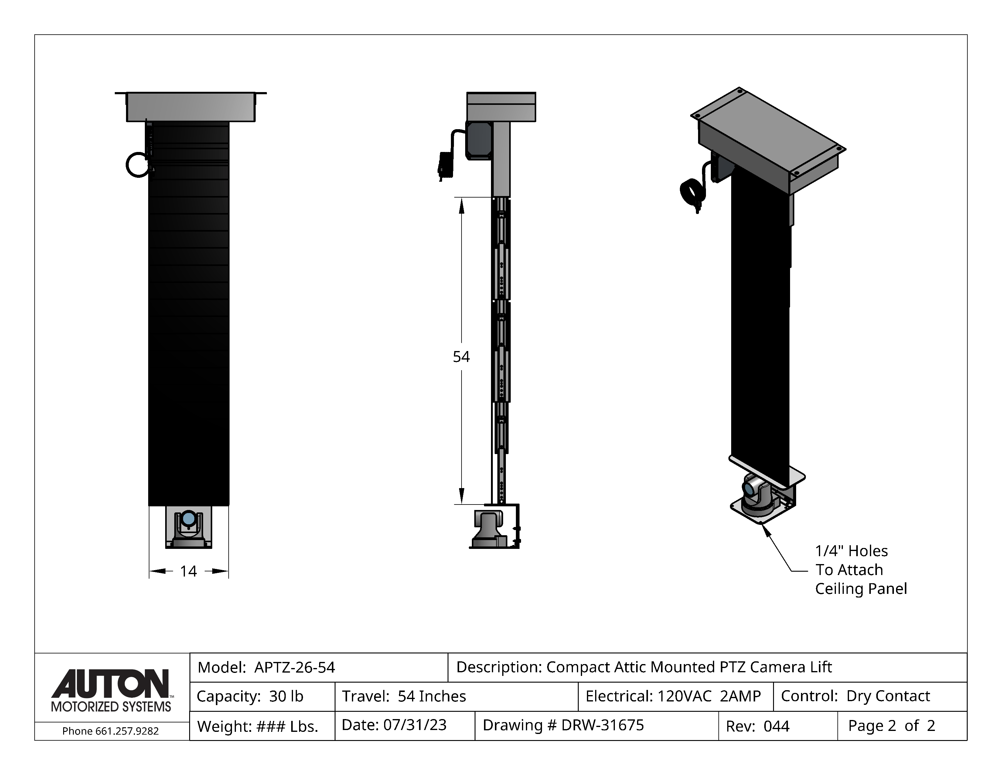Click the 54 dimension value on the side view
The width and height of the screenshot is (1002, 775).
click(x=461, y=357)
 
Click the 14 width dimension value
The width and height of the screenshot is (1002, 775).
click(x=188, y=571)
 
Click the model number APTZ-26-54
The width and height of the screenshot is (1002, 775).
click(x=295, y=667)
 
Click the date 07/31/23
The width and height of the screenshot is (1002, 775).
click(x=415, y=725)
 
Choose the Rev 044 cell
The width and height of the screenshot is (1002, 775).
click(x=778, y=726)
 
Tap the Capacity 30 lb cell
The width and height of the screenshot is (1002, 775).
click(x=262, y=697)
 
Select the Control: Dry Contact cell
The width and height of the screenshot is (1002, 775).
click(x=870, y=697)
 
